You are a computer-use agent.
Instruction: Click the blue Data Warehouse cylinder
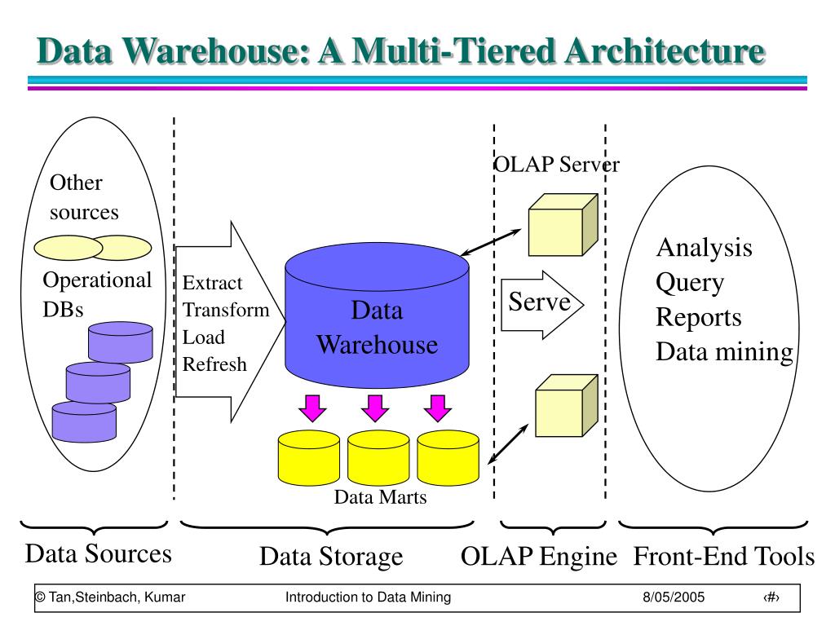coord(377,315)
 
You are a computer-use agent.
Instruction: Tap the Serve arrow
coord(542,305)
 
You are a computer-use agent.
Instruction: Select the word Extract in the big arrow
coord(212,283)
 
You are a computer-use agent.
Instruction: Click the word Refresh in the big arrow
coord(214,364)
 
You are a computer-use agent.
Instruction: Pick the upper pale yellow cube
coord(563,225)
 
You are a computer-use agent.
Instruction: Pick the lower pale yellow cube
coord(567,406)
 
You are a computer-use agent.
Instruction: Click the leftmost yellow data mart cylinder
coord(309,458)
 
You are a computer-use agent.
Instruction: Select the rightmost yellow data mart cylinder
coord(448,458)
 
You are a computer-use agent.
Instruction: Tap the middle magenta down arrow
coord(375,408)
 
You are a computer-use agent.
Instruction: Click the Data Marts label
coord(380,496)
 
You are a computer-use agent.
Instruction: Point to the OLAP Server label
coord(557,164)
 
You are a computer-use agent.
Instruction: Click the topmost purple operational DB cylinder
coord(121,342)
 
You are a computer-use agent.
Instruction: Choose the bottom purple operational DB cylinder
coord(84,421)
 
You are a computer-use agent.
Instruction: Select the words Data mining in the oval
coord(724,352)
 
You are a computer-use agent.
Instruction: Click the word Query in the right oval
coord(690,283)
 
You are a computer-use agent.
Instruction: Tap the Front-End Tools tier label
coord(724,556)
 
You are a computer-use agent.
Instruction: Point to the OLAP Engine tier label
coord(539,556)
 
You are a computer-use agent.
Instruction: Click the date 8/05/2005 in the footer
coord(673,597)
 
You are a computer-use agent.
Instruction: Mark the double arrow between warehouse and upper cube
coord(490,243)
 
